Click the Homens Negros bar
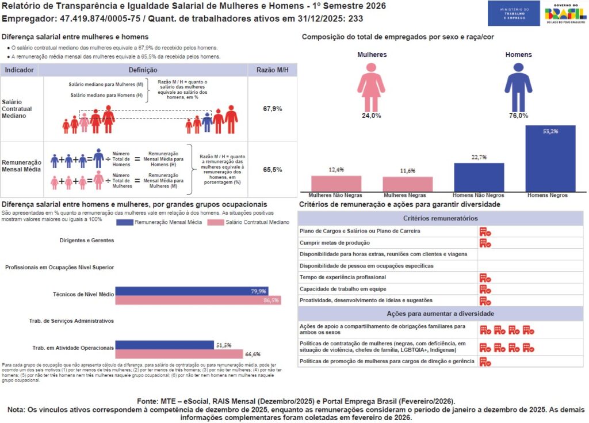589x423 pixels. click(550, 158)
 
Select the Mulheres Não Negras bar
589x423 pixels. click(336, 183)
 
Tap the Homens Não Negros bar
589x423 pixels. click(479, 177)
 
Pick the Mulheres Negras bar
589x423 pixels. click(407, 184)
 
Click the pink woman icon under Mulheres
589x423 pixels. click(371, 86)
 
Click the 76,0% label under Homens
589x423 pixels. click(518, 116)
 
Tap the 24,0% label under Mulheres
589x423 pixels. click(371, 116)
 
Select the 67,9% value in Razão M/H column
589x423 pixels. click(272, 108)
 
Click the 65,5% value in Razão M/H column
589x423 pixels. click(272, 170)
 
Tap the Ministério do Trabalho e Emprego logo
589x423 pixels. click(513, 13)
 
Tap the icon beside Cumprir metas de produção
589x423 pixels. click(485, 243)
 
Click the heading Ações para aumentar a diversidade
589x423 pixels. click(440, 314)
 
